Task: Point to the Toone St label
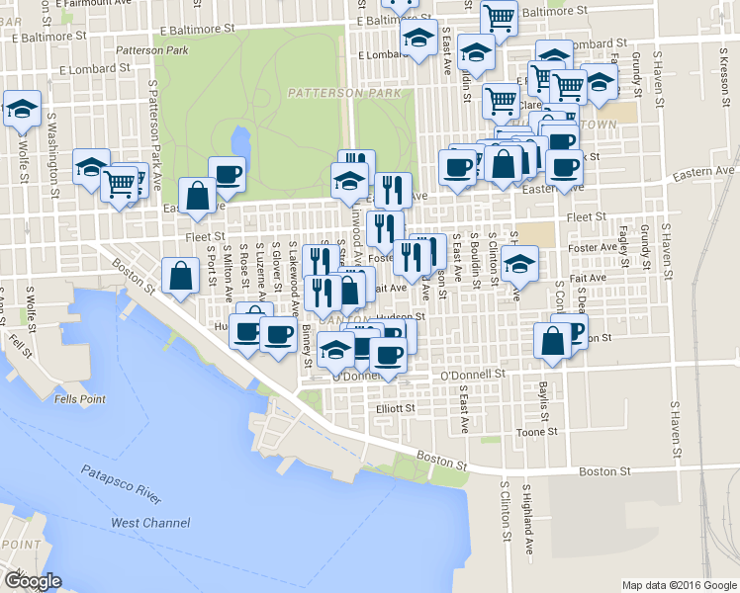click(537, 432)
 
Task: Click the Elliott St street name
click(396, 407)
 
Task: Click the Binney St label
click(307, 340)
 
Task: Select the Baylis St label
click(543, 402)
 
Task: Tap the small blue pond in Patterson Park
click(238, 143)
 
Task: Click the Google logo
click(32, 581)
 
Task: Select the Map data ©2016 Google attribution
click(678, 585)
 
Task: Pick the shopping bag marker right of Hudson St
click(552, 341)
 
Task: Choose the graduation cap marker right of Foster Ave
click(519, 263)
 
